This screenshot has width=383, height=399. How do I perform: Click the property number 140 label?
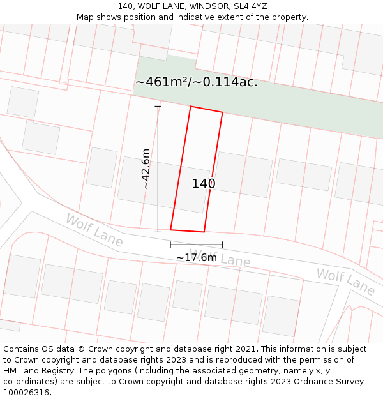click(x=204, y=184)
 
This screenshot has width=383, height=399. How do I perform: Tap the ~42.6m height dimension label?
click(x=146, y=169)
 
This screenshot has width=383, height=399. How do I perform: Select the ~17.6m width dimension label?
click(x=197, y=257)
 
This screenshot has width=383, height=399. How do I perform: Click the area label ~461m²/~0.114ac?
click(x=197, y=82)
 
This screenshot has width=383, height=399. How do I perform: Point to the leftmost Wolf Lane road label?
click(x=94, y=230)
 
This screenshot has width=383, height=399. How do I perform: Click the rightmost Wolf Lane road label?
click(x=345, y=282)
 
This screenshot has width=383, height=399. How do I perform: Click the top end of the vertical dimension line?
click(x=158, y=106)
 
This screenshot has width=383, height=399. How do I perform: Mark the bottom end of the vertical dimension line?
click(x=158, y=232)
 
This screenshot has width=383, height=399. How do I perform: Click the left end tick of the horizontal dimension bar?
click(x=170, y=245)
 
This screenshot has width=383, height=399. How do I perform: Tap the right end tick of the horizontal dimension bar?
click(x=223, y=245)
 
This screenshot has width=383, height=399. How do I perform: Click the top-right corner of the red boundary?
click(x=223, y=113)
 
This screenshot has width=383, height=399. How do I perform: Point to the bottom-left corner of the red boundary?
click(x=170, y=229)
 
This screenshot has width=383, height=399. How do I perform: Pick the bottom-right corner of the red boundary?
click(x=204, y=232)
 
